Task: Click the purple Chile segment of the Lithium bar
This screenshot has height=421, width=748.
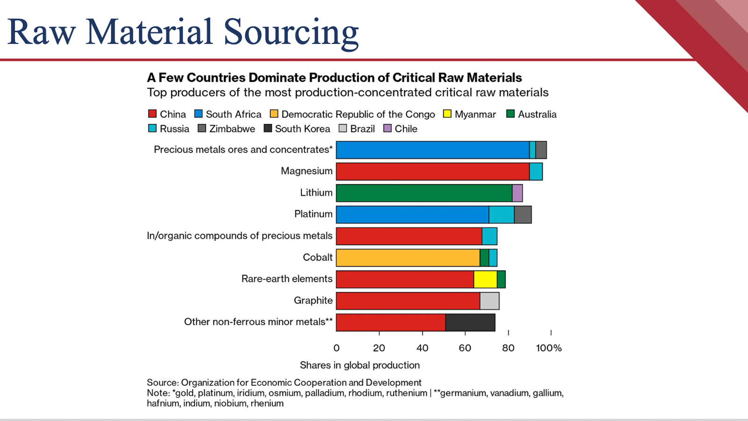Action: pos(517,193)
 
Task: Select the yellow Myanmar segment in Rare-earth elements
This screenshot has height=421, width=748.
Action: pos(485,279)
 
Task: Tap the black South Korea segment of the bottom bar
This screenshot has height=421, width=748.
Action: pos(470,322)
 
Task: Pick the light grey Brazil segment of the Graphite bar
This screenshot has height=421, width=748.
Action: pos(489,301)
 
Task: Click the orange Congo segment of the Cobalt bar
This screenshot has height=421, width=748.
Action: pos(408,258)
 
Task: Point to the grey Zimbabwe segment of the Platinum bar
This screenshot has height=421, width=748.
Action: pos(523,215)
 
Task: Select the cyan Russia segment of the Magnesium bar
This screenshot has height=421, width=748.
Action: pos(536,172)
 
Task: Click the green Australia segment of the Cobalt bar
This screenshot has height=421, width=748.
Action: pos(484,258)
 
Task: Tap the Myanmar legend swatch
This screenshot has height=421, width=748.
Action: pos(447,114)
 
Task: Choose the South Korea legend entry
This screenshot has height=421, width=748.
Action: pos(297,129)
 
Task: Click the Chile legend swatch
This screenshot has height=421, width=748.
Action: pos(388,128)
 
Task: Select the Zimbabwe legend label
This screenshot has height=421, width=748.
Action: pos(232,129)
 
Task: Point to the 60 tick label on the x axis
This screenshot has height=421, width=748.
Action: pos(465,348)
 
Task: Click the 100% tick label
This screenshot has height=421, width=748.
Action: pos(549,348)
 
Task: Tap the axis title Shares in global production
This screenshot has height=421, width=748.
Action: pos(360,365)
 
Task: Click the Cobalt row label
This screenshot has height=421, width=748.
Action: pos(317,257)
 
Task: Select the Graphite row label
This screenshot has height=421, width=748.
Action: pos(313,300)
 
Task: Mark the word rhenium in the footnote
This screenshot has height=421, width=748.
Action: pos(267,403)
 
